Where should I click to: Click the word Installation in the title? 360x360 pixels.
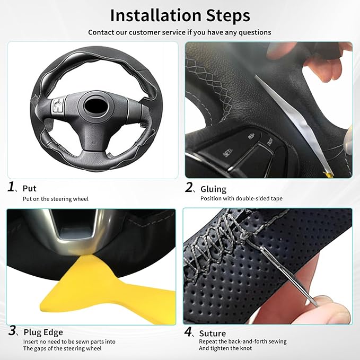(x=156, y=15)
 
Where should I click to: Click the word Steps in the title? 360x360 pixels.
(x=228, y=16)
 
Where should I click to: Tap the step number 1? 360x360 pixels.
(x=11, y=187)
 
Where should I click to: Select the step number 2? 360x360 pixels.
(x=189, y=187)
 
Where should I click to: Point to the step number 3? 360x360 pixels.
(x=12, y=331)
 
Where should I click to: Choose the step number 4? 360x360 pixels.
(x=188, y=331)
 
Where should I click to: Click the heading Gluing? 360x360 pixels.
(x=213, y=189)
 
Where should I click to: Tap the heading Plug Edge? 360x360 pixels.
(x=43, y=332)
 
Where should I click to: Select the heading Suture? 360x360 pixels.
(x=213, y=333)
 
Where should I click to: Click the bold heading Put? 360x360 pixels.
(x=29, y=189)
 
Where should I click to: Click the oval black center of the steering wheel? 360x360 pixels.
(x=96, y=106)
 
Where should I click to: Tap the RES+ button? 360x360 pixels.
(x=251, y=136)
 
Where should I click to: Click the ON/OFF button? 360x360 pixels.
(x=270, y=142)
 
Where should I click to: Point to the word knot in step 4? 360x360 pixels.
(x=245, y=348)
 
